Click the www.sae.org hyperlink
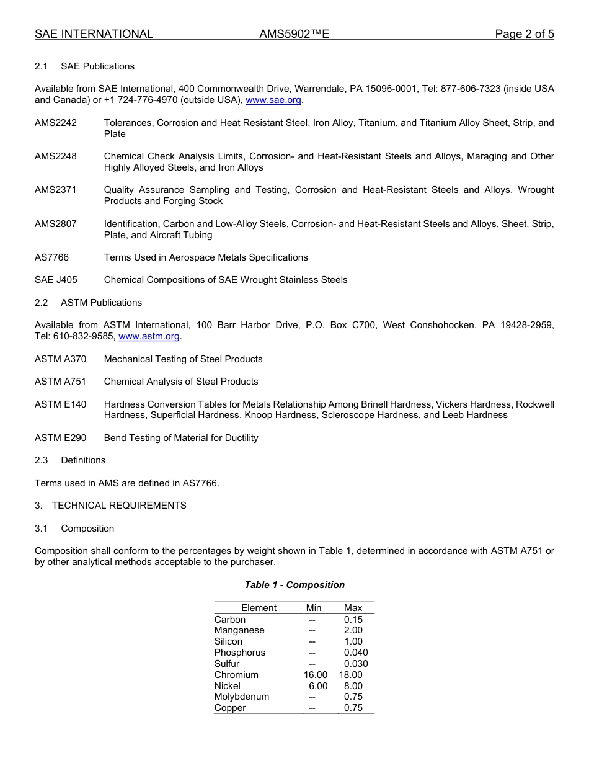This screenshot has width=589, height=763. click(273, 100)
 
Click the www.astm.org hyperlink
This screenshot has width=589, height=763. click(149, 336)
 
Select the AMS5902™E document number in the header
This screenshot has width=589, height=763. click(294, 34)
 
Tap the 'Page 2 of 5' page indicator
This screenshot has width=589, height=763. click(524, 34)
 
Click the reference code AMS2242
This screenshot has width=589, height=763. click(56, 123)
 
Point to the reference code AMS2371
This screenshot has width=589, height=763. click(56, 190)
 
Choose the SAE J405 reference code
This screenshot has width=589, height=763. click(56, 280)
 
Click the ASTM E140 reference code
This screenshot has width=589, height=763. click(60, 404)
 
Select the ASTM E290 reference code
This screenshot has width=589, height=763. click(60, 438)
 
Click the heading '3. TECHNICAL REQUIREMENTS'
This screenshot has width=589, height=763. click(110, 506)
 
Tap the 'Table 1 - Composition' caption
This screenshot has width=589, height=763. click(294, 585)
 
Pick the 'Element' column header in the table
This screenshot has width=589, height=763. click(259, 608)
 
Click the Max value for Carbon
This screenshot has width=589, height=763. click(353, 620)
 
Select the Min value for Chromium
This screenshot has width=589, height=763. click(315, 675)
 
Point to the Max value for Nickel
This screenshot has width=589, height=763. click(353, 686)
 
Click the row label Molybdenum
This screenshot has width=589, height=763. click(242, 697)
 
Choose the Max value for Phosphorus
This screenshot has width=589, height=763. click(355, 653)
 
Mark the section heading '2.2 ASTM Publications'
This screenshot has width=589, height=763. click(88, 303)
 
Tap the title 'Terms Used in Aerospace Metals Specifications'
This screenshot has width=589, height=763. click(206, 257)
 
